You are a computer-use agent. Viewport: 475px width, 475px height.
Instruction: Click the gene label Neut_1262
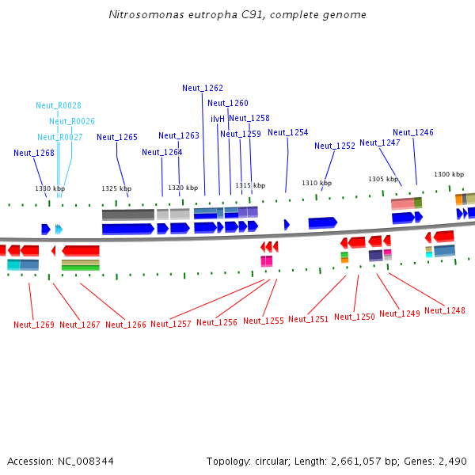point(203,88)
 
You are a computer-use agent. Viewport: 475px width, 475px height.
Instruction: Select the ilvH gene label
point(218,119)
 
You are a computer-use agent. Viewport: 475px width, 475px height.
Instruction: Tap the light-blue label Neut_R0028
point(59,105)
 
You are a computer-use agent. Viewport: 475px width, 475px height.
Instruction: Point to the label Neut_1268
point(34,153)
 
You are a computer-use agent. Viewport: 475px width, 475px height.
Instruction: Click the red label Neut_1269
point(34,325)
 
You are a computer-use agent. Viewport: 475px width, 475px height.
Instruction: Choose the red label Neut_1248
point(445,310)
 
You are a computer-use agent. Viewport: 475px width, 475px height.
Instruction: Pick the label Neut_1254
point(288,132)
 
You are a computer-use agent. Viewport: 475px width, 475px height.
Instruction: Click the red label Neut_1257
point(171,324)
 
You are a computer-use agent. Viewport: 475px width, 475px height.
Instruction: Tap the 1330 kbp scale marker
point(49,188)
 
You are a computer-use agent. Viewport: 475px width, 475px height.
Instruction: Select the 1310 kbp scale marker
point(316,183)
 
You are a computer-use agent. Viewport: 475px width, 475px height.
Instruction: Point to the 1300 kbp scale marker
point(449,174)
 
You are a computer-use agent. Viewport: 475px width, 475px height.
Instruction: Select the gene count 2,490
point(452,461)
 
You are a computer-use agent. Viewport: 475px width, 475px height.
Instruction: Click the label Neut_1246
point(413,132)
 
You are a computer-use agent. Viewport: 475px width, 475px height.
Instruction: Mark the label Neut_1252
point(335,146)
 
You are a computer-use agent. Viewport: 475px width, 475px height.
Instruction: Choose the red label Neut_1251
point(309,319)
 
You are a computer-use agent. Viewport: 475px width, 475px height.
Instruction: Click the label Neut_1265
point(117,137)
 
